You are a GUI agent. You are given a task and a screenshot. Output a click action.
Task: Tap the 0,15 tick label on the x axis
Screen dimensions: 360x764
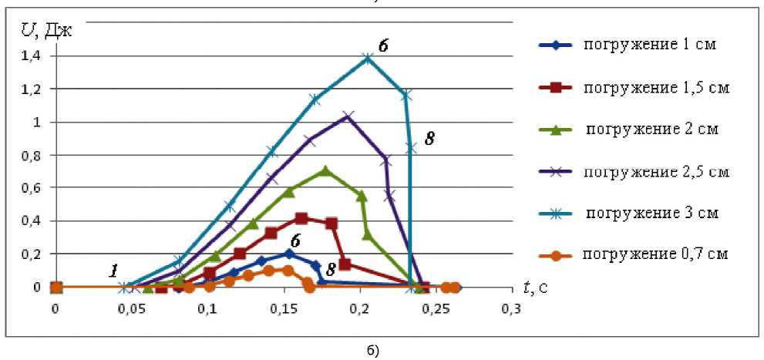point(131,308)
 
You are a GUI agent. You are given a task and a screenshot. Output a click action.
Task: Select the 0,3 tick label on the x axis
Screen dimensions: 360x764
point(510,308)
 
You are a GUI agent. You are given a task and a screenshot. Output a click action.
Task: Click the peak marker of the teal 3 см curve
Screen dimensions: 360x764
point(369,58)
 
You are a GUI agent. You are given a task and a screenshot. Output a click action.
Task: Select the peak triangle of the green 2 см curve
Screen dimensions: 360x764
point(325,170)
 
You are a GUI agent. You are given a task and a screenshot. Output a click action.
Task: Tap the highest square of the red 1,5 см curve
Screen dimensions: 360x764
point(301,219)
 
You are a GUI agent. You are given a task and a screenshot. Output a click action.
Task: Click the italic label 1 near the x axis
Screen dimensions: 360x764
point(114,271)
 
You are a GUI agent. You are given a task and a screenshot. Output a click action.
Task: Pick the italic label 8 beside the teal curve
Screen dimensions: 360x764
point(430,140)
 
